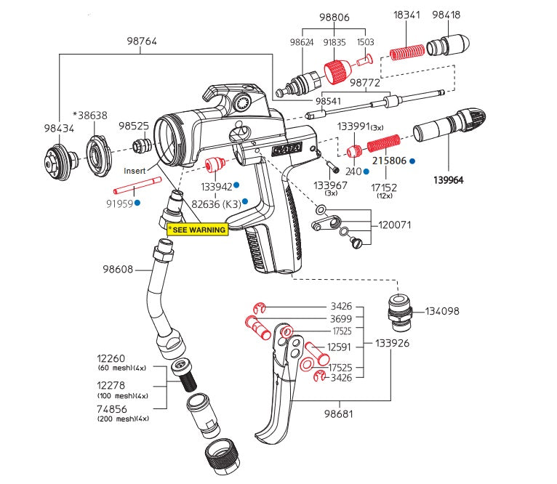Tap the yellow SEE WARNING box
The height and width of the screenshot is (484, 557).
pyautogui.click(x=197, y=228)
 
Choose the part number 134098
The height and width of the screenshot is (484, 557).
pyautogui.click(x=442, y=311)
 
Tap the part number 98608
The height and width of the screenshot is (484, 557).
pyautogui.click(x=118, y=270)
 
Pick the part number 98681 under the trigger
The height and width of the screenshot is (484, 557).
pyautogui.click(x=338, y=414)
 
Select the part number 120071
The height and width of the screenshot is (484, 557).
pyautogui.click(x=394, y=225)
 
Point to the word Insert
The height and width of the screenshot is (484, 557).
pyautogui.click(x=135, y=171)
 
